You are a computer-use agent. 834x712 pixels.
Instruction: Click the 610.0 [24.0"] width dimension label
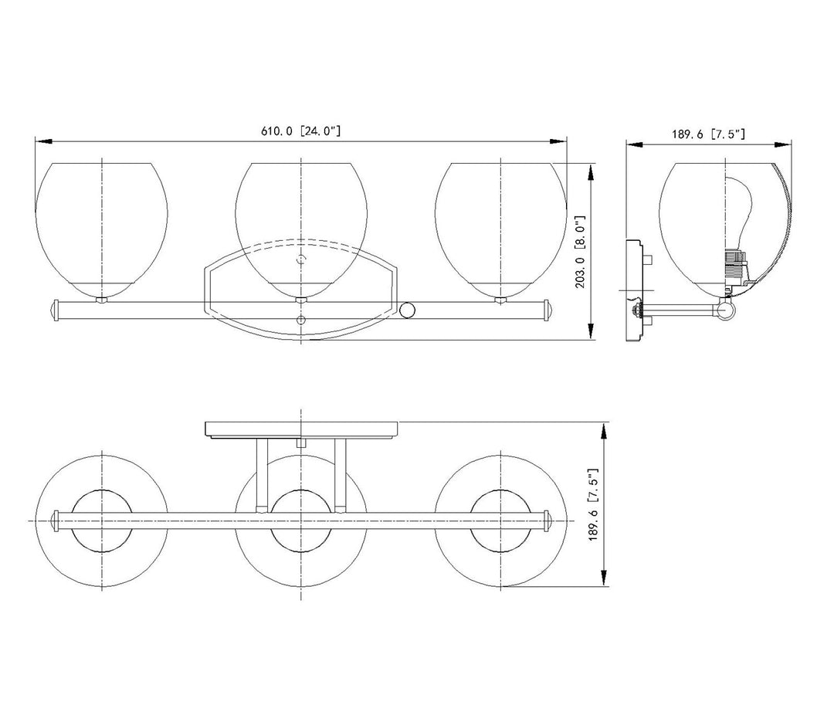coord(300,131)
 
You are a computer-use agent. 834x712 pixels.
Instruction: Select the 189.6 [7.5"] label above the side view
coord(708,134)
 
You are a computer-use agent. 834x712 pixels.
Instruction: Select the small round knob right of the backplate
coord(408,310)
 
